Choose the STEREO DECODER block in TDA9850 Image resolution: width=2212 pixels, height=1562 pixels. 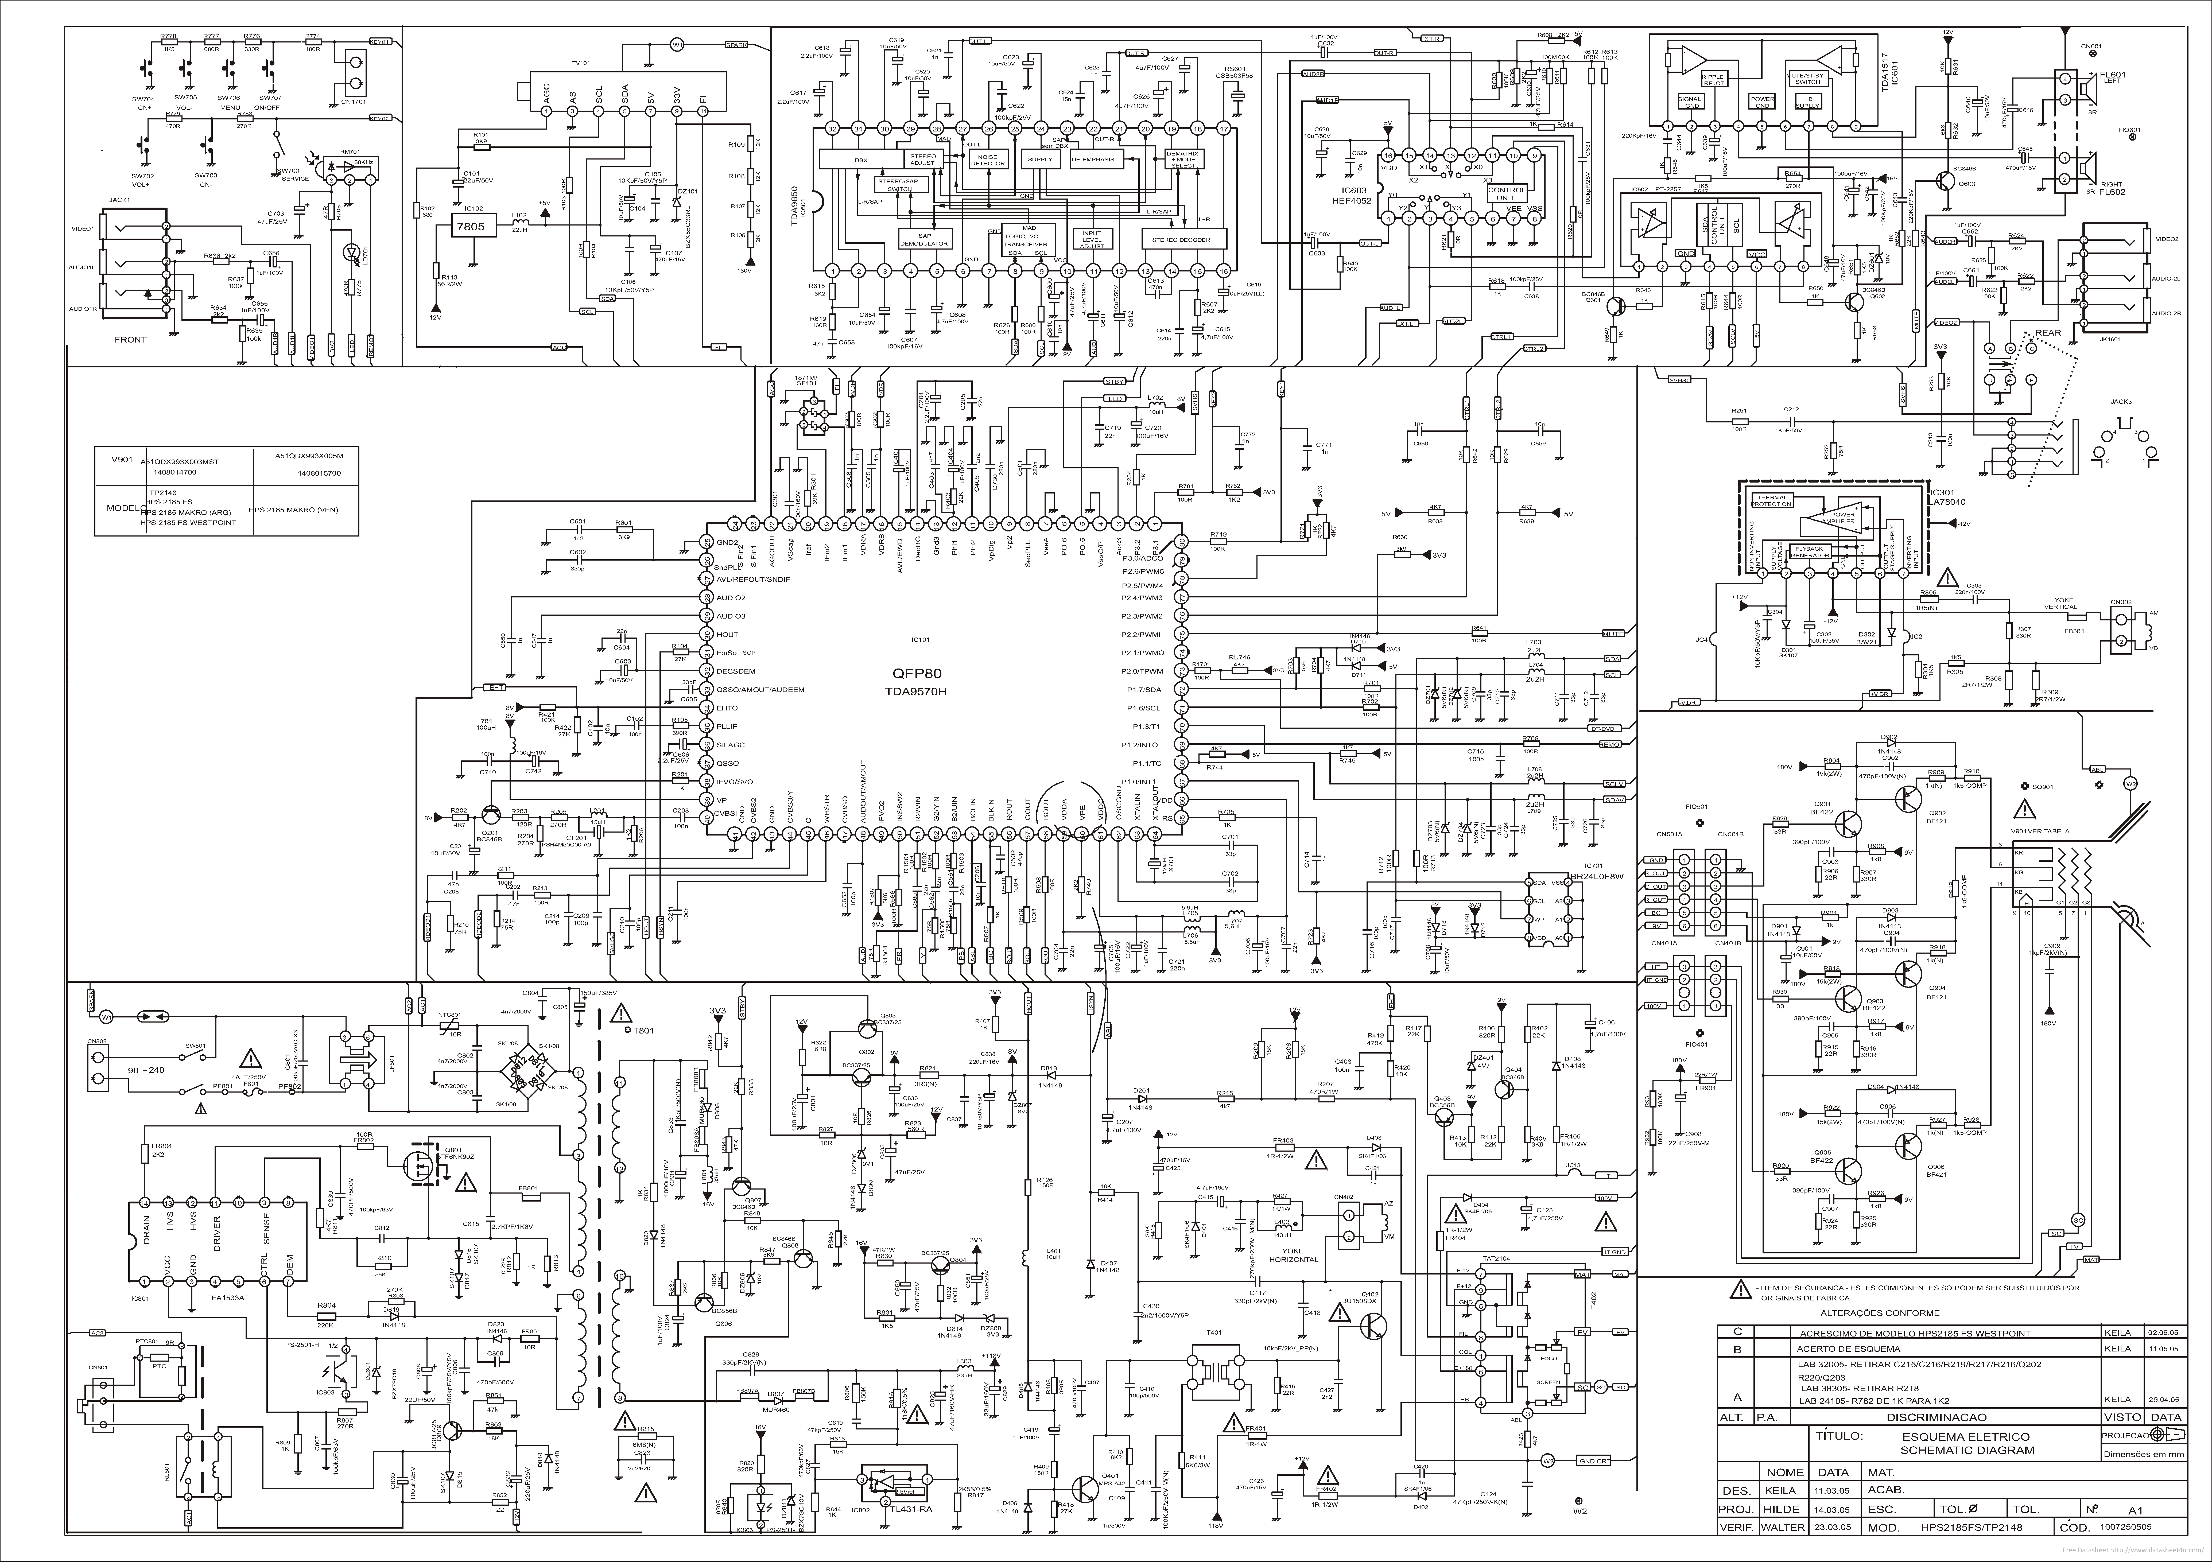click(1182, 239)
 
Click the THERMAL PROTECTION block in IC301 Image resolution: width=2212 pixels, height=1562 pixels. click(1771, 501)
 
